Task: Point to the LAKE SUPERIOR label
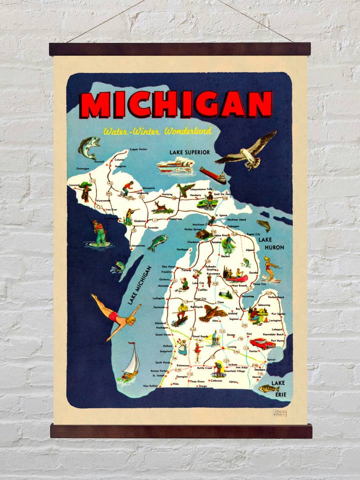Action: coord(189,151)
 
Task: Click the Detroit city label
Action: coord(271,359)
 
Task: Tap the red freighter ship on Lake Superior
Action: coord(212,175)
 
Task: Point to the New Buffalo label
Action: coord(151,386)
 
